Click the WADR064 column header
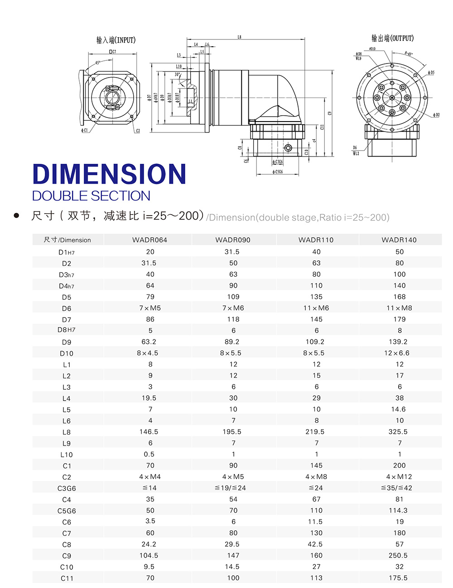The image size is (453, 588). click(149, 240)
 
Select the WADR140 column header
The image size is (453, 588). click(399, 240)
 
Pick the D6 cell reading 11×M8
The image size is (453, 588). click(399, 308)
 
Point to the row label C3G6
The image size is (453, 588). click(67, 488)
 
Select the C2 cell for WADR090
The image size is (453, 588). click(233, 477)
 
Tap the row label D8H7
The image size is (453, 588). click(67, 330)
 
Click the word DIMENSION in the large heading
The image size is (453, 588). click(109, 174)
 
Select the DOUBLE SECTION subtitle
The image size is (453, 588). click(91, 196)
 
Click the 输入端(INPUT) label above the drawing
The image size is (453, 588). click(116, 40)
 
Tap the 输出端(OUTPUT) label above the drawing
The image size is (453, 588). click(392, 38)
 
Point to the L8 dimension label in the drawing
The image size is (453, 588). click(239, 37)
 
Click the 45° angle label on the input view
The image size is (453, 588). click(98, 63)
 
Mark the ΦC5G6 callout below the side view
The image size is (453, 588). click(278, 172)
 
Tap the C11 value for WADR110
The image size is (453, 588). click(316, 578)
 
